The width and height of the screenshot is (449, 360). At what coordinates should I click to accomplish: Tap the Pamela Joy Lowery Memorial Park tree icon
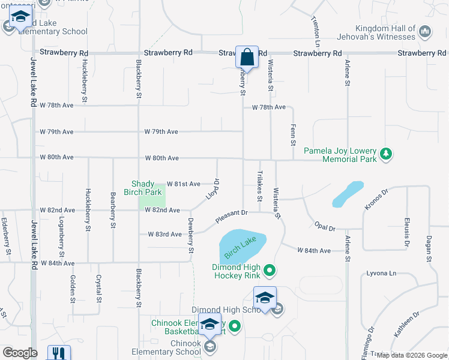(385, 155)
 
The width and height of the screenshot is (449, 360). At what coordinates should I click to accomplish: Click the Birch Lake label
(241, 247)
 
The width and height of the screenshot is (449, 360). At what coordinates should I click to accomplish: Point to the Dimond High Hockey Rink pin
(270, 271)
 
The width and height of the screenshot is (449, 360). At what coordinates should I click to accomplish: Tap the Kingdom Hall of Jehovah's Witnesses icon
(425, 31)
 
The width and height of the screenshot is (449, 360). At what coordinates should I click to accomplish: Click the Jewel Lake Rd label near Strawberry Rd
(33, 84)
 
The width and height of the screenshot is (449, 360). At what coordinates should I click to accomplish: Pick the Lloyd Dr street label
(209, 190)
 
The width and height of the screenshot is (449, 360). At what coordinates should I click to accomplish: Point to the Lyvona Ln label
(382, 274)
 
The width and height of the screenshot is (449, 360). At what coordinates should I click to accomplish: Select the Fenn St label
(293, 134)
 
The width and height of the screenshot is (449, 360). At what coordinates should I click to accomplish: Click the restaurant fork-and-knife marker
(59, 353)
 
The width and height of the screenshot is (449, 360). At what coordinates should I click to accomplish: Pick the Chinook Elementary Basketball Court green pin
(235, 327)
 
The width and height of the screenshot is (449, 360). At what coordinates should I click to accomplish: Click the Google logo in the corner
(20, 353)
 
